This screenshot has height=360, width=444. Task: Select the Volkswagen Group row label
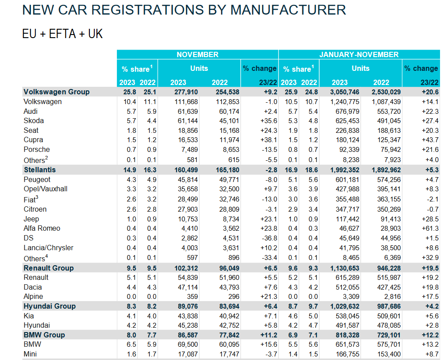(x=56, y=92)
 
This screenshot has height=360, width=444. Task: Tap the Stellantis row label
(x=39, y=170)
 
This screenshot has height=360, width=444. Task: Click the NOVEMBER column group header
(x=197, y=54)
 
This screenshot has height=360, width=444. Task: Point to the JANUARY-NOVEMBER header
(x=359, y=54)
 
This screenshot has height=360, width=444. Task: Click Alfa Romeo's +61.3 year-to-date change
(x=429, y=228)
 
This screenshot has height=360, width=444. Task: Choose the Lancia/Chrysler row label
(x=48, y=248)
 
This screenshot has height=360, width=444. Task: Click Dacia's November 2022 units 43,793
(x=229, y=287)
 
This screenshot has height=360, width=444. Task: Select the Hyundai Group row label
(x=49, y=306)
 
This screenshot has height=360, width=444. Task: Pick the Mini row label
(x=31, y=354)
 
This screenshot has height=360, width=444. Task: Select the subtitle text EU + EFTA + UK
(x=62, y=34)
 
